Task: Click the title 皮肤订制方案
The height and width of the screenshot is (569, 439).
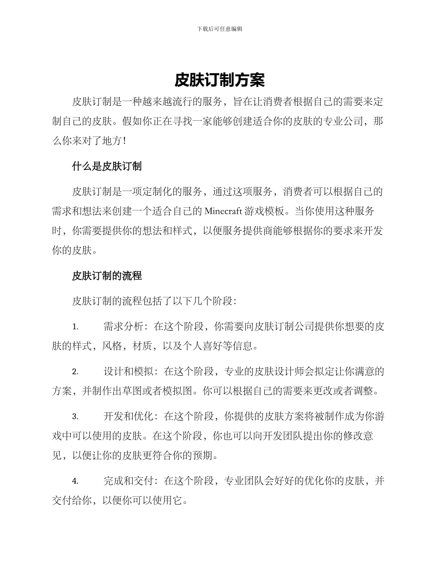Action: [219, 80]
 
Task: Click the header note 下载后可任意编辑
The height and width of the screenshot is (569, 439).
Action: [219, 29]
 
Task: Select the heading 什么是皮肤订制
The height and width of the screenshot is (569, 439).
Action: [107, 167]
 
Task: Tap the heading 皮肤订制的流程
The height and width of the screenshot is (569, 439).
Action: [107, 276]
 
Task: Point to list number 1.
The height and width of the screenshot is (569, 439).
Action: [75, 327]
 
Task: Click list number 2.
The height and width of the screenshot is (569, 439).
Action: [75, 371]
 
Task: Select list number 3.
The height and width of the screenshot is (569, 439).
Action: [75, 416]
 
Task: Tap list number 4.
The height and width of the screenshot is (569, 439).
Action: [75, 482]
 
